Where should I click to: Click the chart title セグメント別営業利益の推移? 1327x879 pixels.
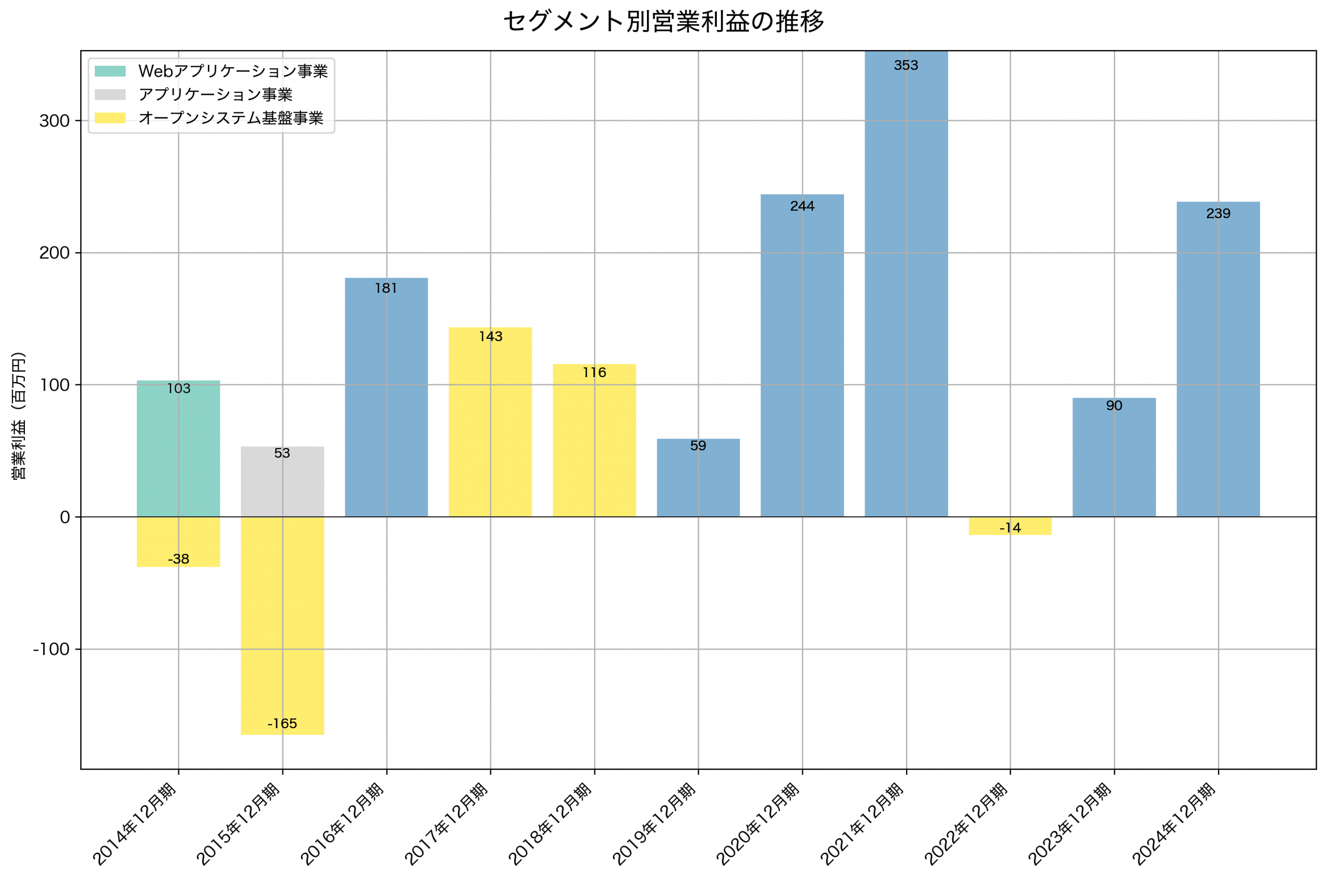tap(663, 22)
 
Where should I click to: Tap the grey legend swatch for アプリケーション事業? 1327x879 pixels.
tap(110, 94)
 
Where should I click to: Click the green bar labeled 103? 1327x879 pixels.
tap(178, 449)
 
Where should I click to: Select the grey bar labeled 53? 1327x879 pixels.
tap(282, 482)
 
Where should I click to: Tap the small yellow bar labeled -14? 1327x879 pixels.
tap(1010, 526)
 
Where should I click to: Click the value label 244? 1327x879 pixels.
tap(802, 206)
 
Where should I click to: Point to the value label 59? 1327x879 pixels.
tap(698, 445)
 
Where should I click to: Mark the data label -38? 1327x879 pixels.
tap(178, 559)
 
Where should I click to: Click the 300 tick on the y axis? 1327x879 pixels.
tap(54, 121)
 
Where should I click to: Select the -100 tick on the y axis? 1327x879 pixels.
tap(51, 649)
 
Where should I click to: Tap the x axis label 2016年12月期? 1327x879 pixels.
tap(342, 824)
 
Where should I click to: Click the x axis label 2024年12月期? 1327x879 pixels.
tap(1174, 824)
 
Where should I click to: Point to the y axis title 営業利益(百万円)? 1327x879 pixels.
tap(19, 415)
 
